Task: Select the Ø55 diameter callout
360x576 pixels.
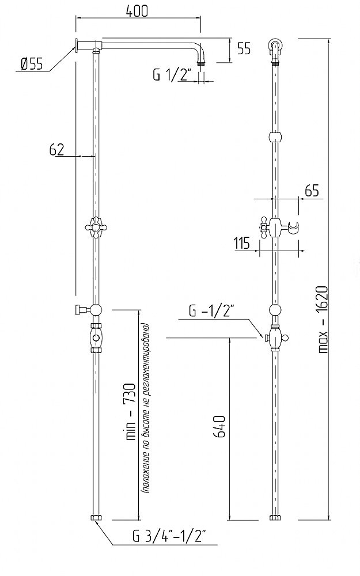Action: click(31, 65)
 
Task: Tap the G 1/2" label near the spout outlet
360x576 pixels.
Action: click(172, 75)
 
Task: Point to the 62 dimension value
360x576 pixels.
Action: click(57, 150)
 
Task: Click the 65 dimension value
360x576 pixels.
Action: click(312, 191)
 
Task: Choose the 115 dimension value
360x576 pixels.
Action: click(242, 243)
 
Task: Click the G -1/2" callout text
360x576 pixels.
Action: click(211, 312)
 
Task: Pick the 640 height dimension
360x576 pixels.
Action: click(219, 426)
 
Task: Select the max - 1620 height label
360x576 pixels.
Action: click(323, 319)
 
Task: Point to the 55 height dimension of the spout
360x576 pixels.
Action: click(244, 48)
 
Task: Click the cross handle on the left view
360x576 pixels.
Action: click(96, 228)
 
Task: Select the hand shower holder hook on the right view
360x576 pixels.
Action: click(293, 228)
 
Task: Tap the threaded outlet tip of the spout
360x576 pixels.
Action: click(200, 63)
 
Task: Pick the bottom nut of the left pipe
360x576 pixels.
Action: click(96, 518)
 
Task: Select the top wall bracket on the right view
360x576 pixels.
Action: click(275, 46)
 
